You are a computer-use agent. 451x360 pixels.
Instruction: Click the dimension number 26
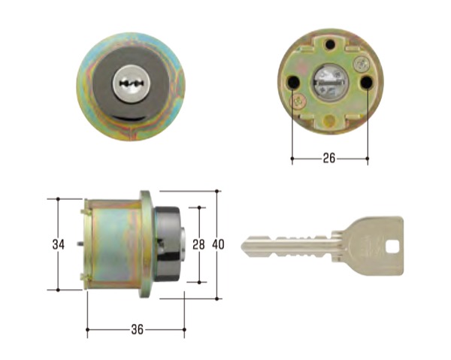pyautogui.click(x=329, y=158)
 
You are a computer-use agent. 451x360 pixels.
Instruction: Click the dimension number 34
pyautogui.click(x=59, y=245)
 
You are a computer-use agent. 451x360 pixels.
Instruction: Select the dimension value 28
pyautogui.click(x=198, y=245)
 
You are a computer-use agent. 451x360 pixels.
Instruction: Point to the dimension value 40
pyautogui.click(x=218, y=245)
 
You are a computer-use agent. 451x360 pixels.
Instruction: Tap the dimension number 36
pyautogui.click(x=138, y=329)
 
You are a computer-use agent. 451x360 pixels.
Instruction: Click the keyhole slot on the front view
pyautogui.click(x=131, y=83)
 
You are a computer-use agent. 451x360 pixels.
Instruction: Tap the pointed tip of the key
pyautogui.click(x=242, y=246)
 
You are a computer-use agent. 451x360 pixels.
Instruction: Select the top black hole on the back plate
pyautogui.click(x=330, y=44)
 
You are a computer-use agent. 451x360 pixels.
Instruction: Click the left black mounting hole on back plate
pyautogui.click(x=293, y=83)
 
